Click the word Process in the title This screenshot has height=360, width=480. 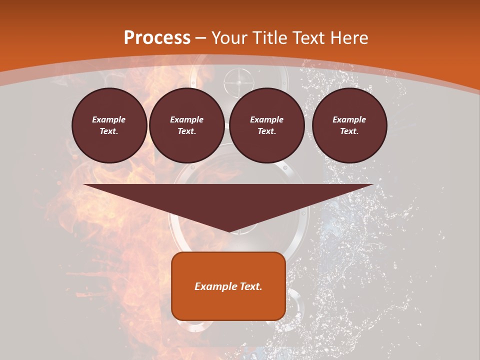click(x=157, y=38)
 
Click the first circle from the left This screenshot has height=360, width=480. click(x=109, y=125)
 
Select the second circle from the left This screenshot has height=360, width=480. click(x=187, y=125)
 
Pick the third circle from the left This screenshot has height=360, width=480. click(x=267, y=125)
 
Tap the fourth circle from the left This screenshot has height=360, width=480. click(x=349, y=125)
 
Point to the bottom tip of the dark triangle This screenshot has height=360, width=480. click(x=229, y=231)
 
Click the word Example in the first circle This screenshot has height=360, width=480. click(x=109, y=119)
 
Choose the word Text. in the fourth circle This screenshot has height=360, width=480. click(x=349, y=131)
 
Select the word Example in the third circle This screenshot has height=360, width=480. click(x=267, y=119)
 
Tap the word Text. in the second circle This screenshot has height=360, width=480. click(x=187, y=131)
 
